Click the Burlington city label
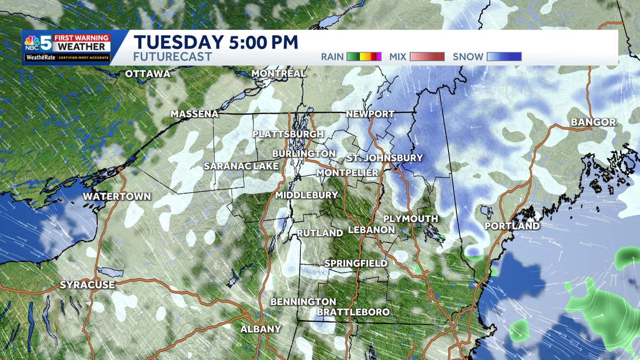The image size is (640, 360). pos(303,154)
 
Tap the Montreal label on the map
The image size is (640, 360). pos(278,73)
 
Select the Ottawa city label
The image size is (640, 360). pos(148,74)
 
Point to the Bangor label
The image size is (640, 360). pos(593,122)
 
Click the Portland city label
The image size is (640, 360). pos(512,226)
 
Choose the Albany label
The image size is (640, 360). pos(260,329)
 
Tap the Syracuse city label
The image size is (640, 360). pos(87,285)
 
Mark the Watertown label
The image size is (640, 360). pos(117,196)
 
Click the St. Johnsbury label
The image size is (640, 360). pos(384,158)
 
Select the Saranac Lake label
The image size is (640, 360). pos(241,166)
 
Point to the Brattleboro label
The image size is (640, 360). pos(353,311)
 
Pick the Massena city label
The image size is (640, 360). pos(195,114)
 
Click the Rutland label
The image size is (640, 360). pos(319,233)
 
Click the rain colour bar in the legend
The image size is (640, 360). pos(364,57)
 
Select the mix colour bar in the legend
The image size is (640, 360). pos(427,57)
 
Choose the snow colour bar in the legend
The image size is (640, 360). pos(504,57)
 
